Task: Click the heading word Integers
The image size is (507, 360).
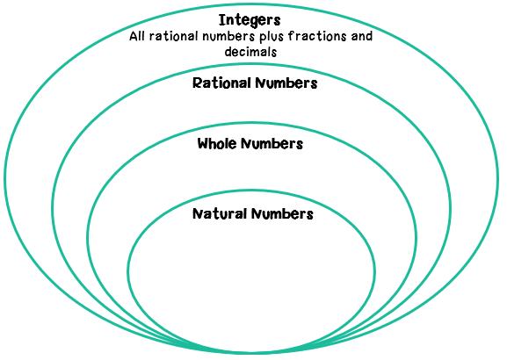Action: tap(250, 21)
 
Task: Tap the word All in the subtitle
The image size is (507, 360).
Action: tap(137, 36)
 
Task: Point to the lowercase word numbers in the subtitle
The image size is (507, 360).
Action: tap(228, 36)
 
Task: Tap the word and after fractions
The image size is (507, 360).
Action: tap(362, 36)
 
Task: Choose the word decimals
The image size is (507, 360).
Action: tap(251, 52)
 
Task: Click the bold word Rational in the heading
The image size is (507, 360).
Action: tap(221, 83)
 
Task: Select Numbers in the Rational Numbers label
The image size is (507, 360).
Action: tap(286, 83)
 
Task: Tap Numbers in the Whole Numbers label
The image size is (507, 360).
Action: tap(272, 144)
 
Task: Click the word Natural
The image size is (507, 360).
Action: tap(220, 214)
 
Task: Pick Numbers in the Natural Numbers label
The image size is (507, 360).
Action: tap(283, 214)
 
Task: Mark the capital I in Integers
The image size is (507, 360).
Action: tap(221, 20)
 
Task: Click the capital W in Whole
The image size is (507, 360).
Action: tap(204, 143)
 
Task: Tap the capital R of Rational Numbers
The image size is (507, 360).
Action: tap(197, 83)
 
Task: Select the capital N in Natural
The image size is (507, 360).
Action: tap(198, 214)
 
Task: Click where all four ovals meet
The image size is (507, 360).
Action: tap(251, 351)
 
